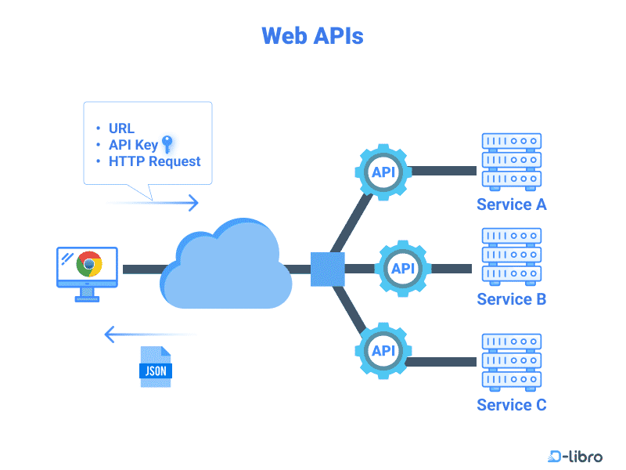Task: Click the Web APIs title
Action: [x=312, y=36]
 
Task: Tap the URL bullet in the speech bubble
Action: [x=121, y=128]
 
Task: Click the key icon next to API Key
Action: [x=166, y=143]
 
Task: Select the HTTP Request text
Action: [x=154, y=161]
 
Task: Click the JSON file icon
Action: [x=155, y=367]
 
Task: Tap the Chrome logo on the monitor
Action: [x=89, y=264]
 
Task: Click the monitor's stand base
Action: [x=87, y=298]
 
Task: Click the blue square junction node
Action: [x=327, y=269]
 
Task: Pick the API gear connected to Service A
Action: [x=383, y=172]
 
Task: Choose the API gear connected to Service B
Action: [x=403, y=269]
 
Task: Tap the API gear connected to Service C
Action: [x=383, y=350]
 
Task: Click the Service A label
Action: [x=511, y=205]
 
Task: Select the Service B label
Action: [x=511, y=299]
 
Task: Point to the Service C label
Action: [x=511, y=405]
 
